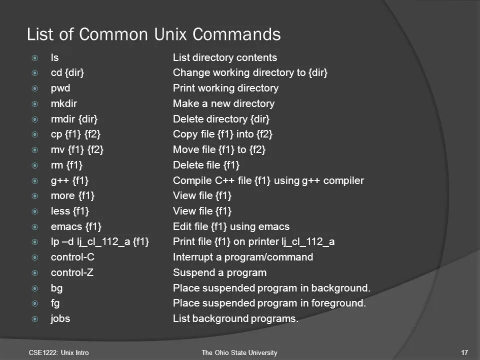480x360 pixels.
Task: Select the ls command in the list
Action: (x=55, y=57)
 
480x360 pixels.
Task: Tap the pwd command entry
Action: (x=60, y=88)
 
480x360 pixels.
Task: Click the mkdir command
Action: (x=63, y=103)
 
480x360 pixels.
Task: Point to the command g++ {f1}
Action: (x=70, y=180)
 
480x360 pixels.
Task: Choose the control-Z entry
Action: (x=72, y=272)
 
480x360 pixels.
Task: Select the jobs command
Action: (x=60, y=318)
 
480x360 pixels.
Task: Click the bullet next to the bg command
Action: (x=34, y=288)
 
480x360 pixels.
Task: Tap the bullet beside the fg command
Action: (x=34, y=303)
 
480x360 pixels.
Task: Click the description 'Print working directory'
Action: (x=225, y=88)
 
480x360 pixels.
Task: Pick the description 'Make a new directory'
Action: (x=223, y=103)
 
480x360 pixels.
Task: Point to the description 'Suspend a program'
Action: (x=219, y=272)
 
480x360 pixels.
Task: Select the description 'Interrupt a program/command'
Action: (x=243, y=257)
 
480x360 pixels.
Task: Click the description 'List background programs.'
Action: (x=235, y=318)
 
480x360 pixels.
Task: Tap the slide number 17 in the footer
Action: (x=464, y=353)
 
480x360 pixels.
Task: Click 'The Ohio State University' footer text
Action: (x=239, y=353)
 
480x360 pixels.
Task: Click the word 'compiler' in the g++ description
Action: (x=343, y=180)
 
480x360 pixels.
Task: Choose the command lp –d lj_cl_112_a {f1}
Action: (x=100, y=242)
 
